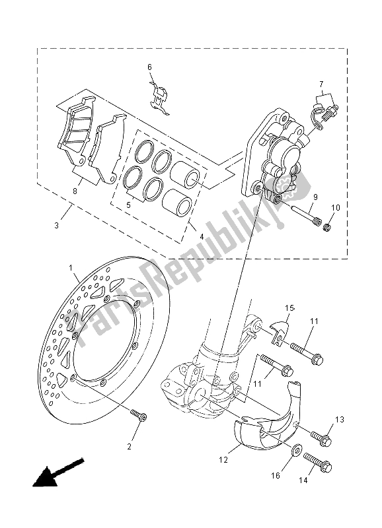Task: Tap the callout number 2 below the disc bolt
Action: pyautogui.click(x=130, y=447)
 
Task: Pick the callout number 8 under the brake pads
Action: pyautogui.click(x=75, y=191)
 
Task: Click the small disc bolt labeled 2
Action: pyautogui.click(x=139, y=416)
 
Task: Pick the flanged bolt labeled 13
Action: pyautogui.click(x=323, y=436)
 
